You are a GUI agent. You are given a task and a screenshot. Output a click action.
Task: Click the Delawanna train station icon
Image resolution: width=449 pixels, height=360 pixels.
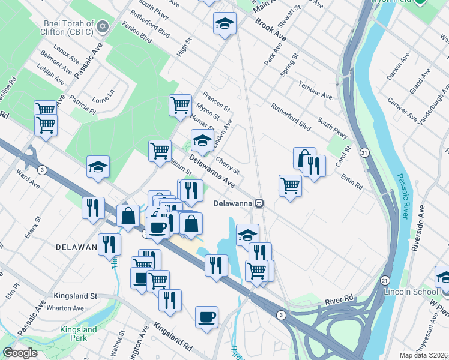coord(259,203)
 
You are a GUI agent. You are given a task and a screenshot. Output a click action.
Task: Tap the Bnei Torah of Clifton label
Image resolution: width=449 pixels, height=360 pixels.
coord(68,29)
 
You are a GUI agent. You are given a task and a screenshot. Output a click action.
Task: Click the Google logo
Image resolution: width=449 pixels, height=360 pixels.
coord(20,353)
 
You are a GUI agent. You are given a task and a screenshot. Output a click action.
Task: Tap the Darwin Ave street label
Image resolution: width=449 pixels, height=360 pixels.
coord(397,67)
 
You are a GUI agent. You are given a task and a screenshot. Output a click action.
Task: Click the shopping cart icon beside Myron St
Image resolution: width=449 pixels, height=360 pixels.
coord(180,105)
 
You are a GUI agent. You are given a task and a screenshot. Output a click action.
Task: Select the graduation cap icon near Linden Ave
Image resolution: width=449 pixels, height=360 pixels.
coord(202,140)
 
